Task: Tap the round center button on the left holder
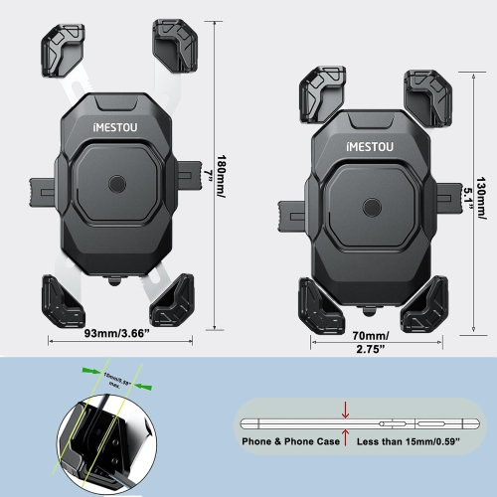point(116,184)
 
